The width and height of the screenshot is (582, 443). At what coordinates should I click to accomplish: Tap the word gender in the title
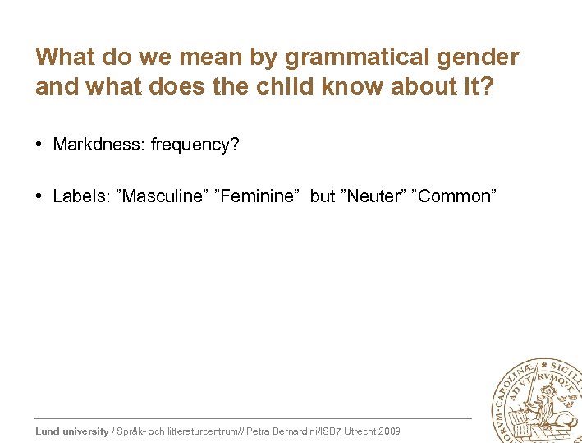click(x=478, y=58)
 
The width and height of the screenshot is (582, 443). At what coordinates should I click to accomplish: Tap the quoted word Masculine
click(x=163, y=196)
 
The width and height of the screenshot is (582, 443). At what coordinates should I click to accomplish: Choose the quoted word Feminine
click(x=257, y=196)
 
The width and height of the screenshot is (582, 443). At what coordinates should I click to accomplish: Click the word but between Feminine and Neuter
click(x=323, y=196)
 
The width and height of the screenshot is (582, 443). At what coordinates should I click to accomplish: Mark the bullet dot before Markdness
click(x=39, y=145)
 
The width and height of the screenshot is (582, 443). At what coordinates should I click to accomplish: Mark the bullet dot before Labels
click(x=39, y=196)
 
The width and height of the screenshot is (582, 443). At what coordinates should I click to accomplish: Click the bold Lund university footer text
click(x=72, y=431)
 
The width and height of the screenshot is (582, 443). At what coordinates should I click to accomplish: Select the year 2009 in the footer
click(x=388, y=431)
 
